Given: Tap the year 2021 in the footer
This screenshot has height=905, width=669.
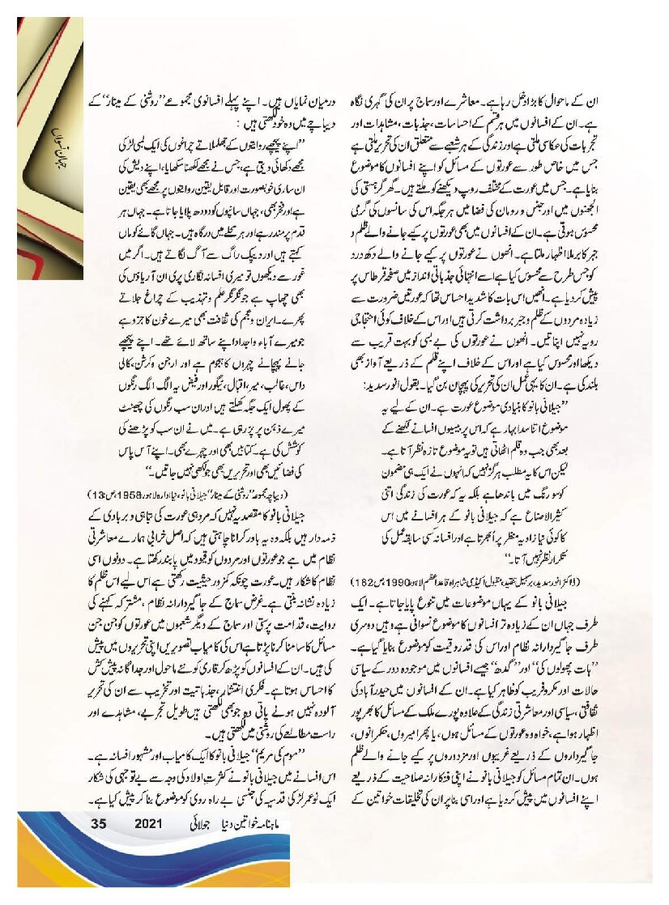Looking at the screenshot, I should coord(150,825).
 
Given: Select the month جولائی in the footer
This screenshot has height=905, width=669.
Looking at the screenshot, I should coord(202,825).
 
